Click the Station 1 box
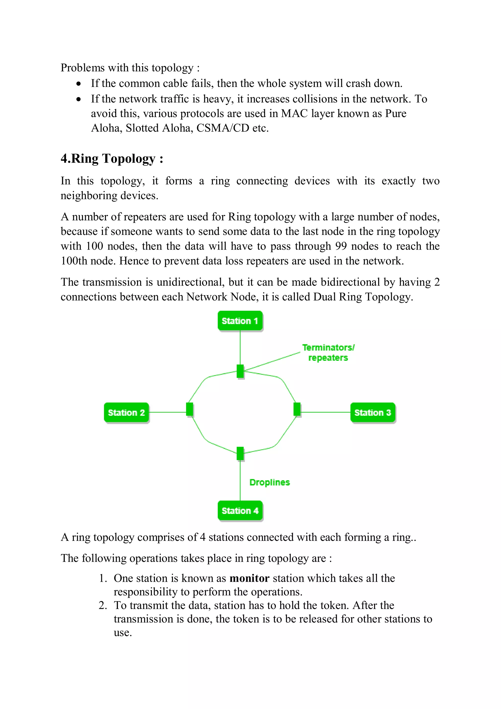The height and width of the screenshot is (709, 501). click(x=240, y=321)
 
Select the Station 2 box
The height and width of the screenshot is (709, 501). click(x=126, y=413)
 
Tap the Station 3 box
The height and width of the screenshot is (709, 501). click(x=373, y=413)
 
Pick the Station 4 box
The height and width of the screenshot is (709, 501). click(x=240, y=511)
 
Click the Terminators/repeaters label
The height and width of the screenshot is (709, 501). click(x=328, y=353)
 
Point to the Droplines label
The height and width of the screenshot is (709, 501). click(x=270, y=482)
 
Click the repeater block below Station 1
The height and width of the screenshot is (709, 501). click(x=240, y=371)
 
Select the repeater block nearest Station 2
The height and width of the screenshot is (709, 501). click(x=190, y=409)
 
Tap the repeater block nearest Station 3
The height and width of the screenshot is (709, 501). click(x=297, y=409)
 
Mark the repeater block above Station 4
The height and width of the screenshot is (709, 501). click(x=240, y=453)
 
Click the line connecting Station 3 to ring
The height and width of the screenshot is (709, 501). click(x=326, y=412)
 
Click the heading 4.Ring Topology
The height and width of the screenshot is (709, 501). click(x=112, y=159)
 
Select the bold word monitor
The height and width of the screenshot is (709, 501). click(x=250, y=578)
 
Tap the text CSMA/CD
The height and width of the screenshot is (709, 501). click(x=223, y=128)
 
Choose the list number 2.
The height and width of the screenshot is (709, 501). click(x=102, y=605)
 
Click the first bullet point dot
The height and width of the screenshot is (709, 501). click(x=79, y=84)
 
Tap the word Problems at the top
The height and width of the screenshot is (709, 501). click(x=82, y=68)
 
